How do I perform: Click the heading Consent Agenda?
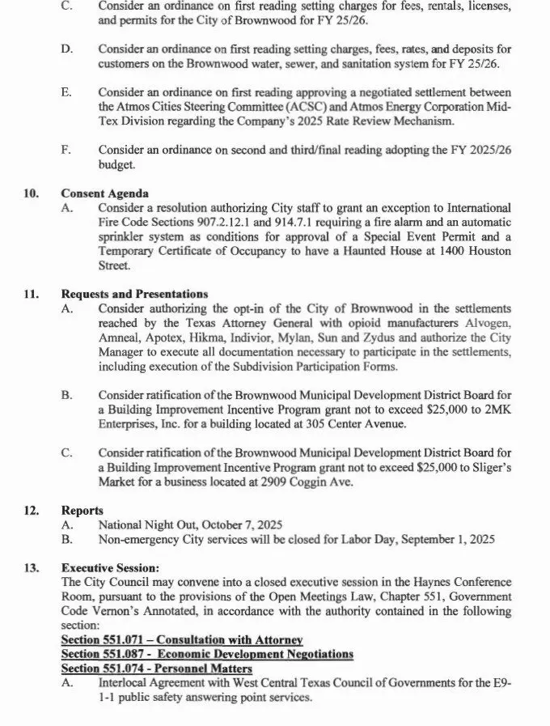(104, 193)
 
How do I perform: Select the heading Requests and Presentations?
(134, 294)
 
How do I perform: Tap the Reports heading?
(82, 511)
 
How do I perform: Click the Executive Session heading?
(110, 568)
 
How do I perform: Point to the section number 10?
(32, 193)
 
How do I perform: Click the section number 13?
(32, 568)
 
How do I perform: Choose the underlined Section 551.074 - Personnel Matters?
(156, 669)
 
